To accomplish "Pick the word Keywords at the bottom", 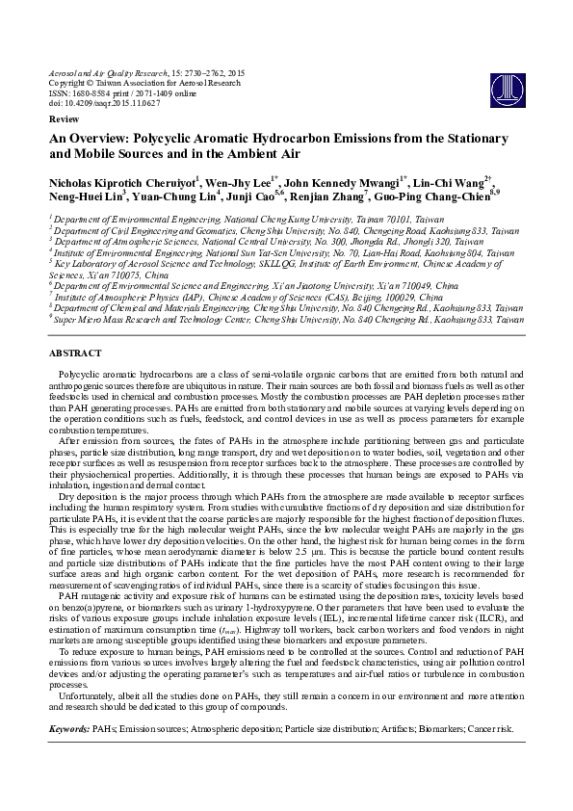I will tap(68, 730).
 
